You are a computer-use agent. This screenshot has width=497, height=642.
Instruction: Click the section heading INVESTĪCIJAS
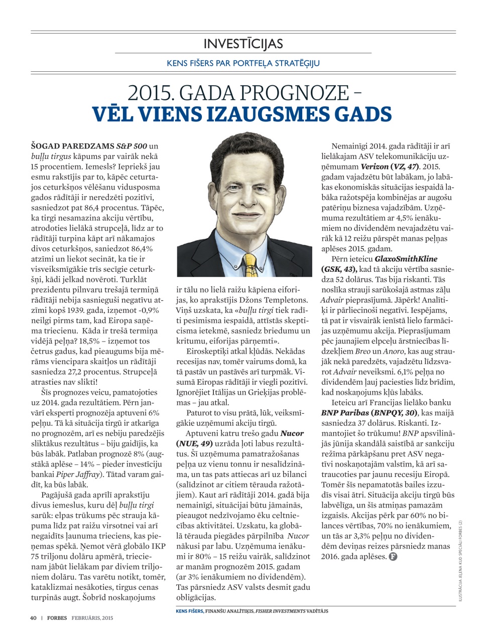click(x=243, y=44)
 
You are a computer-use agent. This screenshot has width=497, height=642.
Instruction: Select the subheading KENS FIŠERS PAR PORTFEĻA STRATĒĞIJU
click(x=243, y=63)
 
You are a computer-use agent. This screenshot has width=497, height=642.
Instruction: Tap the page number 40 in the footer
click(x=34, y=618)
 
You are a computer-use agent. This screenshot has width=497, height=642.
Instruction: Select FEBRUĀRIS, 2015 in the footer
click(x=92, y=618)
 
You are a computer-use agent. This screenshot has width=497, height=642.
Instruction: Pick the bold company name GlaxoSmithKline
click(x=406, y=259)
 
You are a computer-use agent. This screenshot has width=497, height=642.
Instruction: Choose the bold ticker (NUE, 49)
click(x=194, y=443)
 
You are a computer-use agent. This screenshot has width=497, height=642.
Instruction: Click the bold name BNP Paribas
click(x=344, y=412)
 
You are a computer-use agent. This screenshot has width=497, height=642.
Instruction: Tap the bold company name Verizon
click(x=375, y=166)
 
